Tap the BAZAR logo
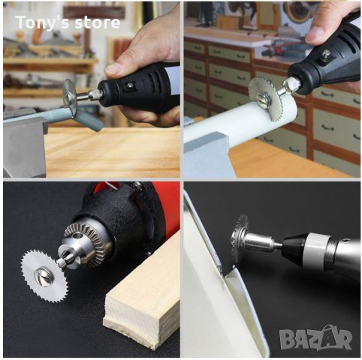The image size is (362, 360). pos(316,337)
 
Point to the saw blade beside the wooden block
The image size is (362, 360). pos(45,275)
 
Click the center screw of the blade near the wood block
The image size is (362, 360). pos(43,277)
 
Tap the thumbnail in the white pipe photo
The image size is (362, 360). pos(317,35)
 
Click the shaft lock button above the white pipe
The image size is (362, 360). pos(326,54)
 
